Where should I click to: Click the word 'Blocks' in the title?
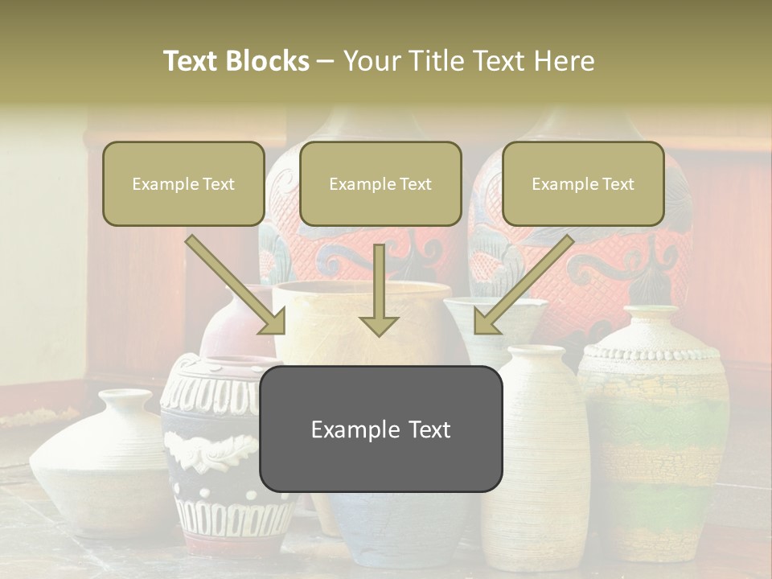(267, 61)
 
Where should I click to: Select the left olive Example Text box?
(183, 183)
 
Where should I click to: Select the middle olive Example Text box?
(380, 183)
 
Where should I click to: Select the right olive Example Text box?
(583, 183)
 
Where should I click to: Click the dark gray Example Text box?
(380, 429)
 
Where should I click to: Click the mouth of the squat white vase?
(124, 396)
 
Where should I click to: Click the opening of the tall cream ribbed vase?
(537, 351)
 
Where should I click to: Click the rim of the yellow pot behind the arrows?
(362, 288)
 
